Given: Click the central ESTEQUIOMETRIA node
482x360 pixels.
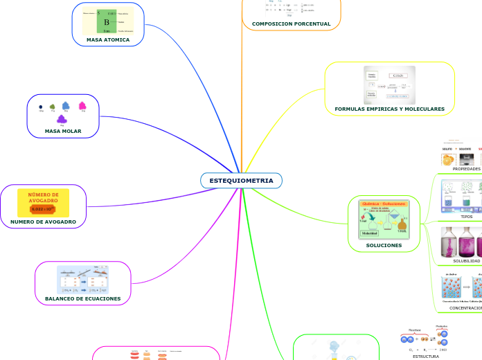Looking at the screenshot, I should pos(241,181).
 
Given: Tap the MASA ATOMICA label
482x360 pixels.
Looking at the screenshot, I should pos(108,39).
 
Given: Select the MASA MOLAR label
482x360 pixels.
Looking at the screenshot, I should pos(63,131).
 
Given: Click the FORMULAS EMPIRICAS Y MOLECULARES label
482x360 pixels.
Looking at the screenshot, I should pos(389,109).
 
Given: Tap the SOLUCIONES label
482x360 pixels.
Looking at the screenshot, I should pos(384,245).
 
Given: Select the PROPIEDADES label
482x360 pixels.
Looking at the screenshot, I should pos(466,168).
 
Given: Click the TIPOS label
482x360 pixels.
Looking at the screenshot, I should pos(467,216).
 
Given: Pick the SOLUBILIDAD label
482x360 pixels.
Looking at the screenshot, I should pos(466,260).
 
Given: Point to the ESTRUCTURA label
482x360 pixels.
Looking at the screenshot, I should pos(425,356).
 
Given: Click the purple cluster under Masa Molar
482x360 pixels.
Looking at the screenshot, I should pos(62,120).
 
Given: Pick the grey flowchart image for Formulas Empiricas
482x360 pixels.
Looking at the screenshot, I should pos(389,85).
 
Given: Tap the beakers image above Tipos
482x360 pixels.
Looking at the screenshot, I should pos(461,197).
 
